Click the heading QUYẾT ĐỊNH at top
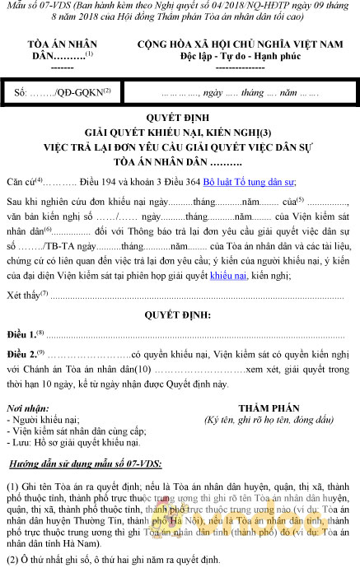pos(179,118)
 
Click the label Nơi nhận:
pos(26,408)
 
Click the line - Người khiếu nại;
pos(42,420)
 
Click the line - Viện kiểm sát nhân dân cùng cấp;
pos(75,431)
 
